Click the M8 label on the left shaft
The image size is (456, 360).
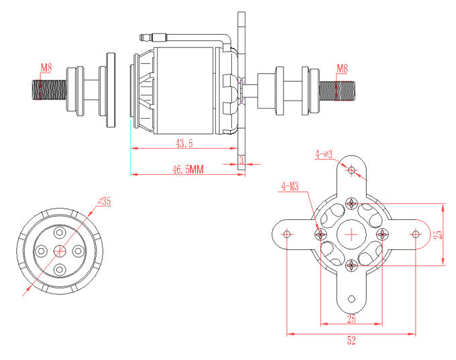click(x=46, y=68)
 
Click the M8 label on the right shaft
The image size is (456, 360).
click(x=342, y=68)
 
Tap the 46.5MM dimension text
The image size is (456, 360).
click(x=187, y=170)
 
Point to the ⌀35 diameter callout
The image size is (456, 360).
click(x=104, y=200)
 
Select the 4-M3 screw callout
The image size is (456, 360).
click(x=290, y=186)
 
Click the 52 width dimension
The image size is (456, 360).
click(x=351, y=340)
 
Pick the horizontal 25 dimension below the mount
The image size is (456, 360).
click(x=351, y=318)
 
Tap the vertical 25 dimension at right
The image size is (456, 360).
click(x=438, y=234)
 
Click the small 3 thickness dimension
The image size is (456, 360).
click(x=241, y=160)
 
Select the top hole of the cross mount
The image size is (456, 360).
click(x=351, y=170)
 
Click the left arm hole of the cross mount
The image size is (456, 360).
click(x=288, y=234)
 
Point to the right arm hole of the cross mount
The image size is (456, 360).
click(x=415, y=234)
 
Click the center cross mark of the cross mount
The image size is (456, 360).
click(x=351, y=234)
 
